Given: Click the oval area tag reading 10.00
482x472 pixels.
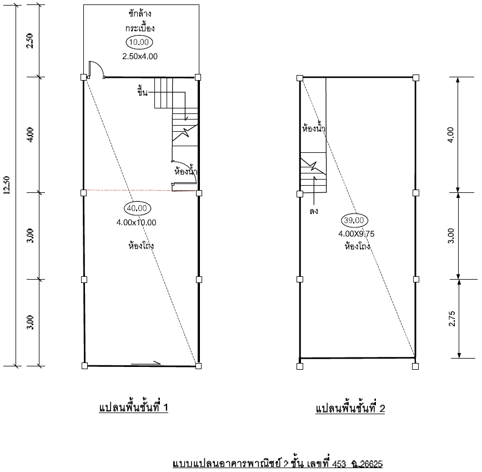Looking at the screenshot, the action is pos(139,42).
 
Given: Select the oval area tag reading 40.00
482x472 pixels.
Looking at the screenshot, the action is pos(137,208).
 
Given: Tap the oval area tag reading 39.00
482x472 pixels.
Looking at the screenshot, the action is pos(354,220).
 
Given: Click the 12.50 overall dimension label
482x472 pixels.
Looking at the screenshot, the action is pos(7,185).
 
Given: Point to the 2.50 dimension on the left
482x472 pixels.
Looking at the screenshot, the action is pos(30,41).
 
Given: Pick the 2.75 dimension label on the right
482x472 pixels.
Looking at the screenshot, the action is pos(451,319).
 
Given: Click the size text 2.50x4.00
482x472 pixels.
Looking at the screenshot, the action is pos(140,56).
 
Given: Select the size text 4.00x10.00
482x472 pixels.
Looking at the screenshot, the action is pos(136,222).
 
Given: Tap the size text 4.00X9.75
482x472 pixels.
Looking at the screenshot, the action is pos(357,234).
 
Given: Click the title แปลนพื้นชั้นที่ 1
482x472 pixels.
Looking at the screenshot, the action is pos(133,408).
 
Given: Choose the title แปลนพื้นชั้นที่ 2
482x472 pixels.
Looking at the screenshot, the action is pos(350,408).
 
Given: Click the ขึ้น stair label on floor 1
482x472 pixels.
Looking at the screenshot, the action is pos(142,92).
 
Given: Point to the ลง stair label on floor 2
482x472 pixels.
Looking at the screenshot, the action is pos(314,211).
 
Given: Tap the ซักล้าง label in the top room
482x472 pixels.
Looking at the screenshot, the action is pos(140,13).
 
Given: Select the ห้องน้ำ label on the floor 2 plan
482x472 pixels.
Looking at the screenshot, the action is pos(314,127).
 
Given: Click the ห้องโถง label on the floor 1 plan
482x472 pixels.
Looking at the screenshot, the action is pos(141,246).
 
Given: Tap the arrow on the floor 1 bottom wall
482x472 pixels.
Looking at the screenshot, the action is pos(145,364).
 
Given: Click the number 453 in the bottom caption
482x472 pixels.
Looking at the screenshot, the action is pos(339,464).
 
